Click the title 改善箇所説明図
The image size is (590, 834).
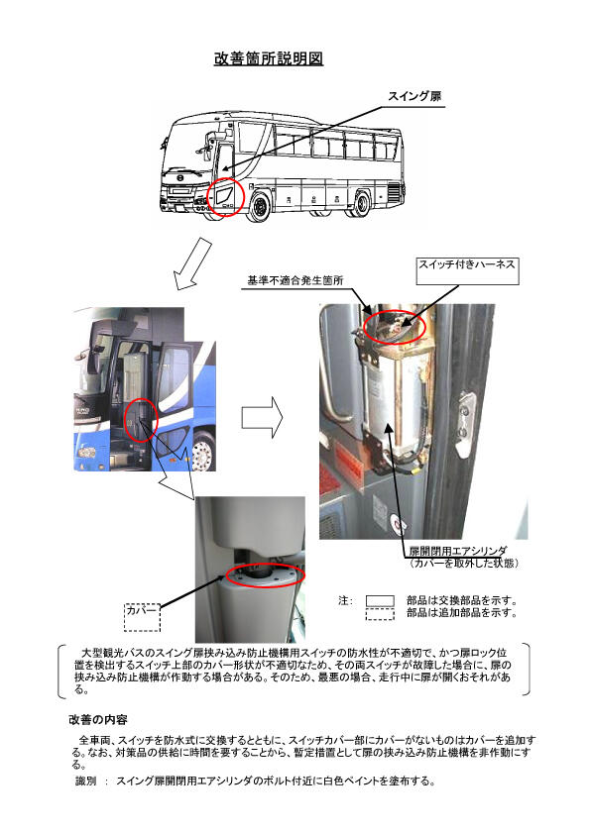269,58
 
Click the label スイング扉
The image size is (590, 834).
414,96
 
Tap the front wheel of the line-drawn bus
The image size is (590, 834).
260,207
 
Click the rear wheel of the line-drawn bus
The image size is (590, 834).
361,204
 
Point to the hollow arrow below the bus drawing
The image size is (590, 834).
192,263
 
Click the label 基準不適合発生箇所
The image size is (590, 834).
295,280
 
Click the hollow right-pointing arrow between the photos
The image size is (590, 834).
262,417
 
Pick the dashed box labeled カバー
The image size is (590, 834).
142,617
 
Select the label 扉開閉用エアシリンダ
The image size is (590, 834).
457,551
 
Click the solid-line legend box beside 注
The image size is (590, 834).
380,600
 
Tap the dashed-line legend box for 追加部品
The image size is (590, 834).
380,614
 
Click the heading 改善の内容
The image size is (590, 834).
98,720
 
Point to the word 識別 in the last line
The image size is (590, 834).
85,781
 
